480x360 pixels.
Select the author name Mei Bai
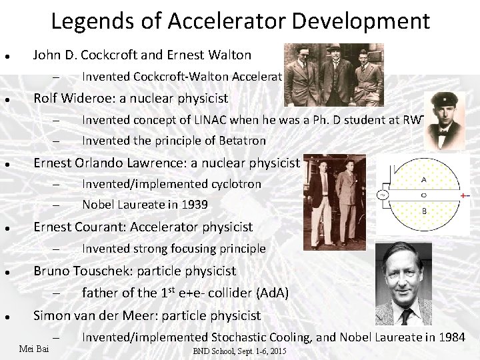pyautogui.click(x=33, y=349)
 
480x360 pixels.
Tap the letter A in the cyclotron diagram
pyautogui.click(x=423, y=179)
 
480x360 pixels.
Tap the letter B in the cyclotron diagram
pyautogui.click(x=423, y=211)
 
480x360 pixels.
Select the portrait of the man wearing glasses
pyautogui.click(x=403, y=283)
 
